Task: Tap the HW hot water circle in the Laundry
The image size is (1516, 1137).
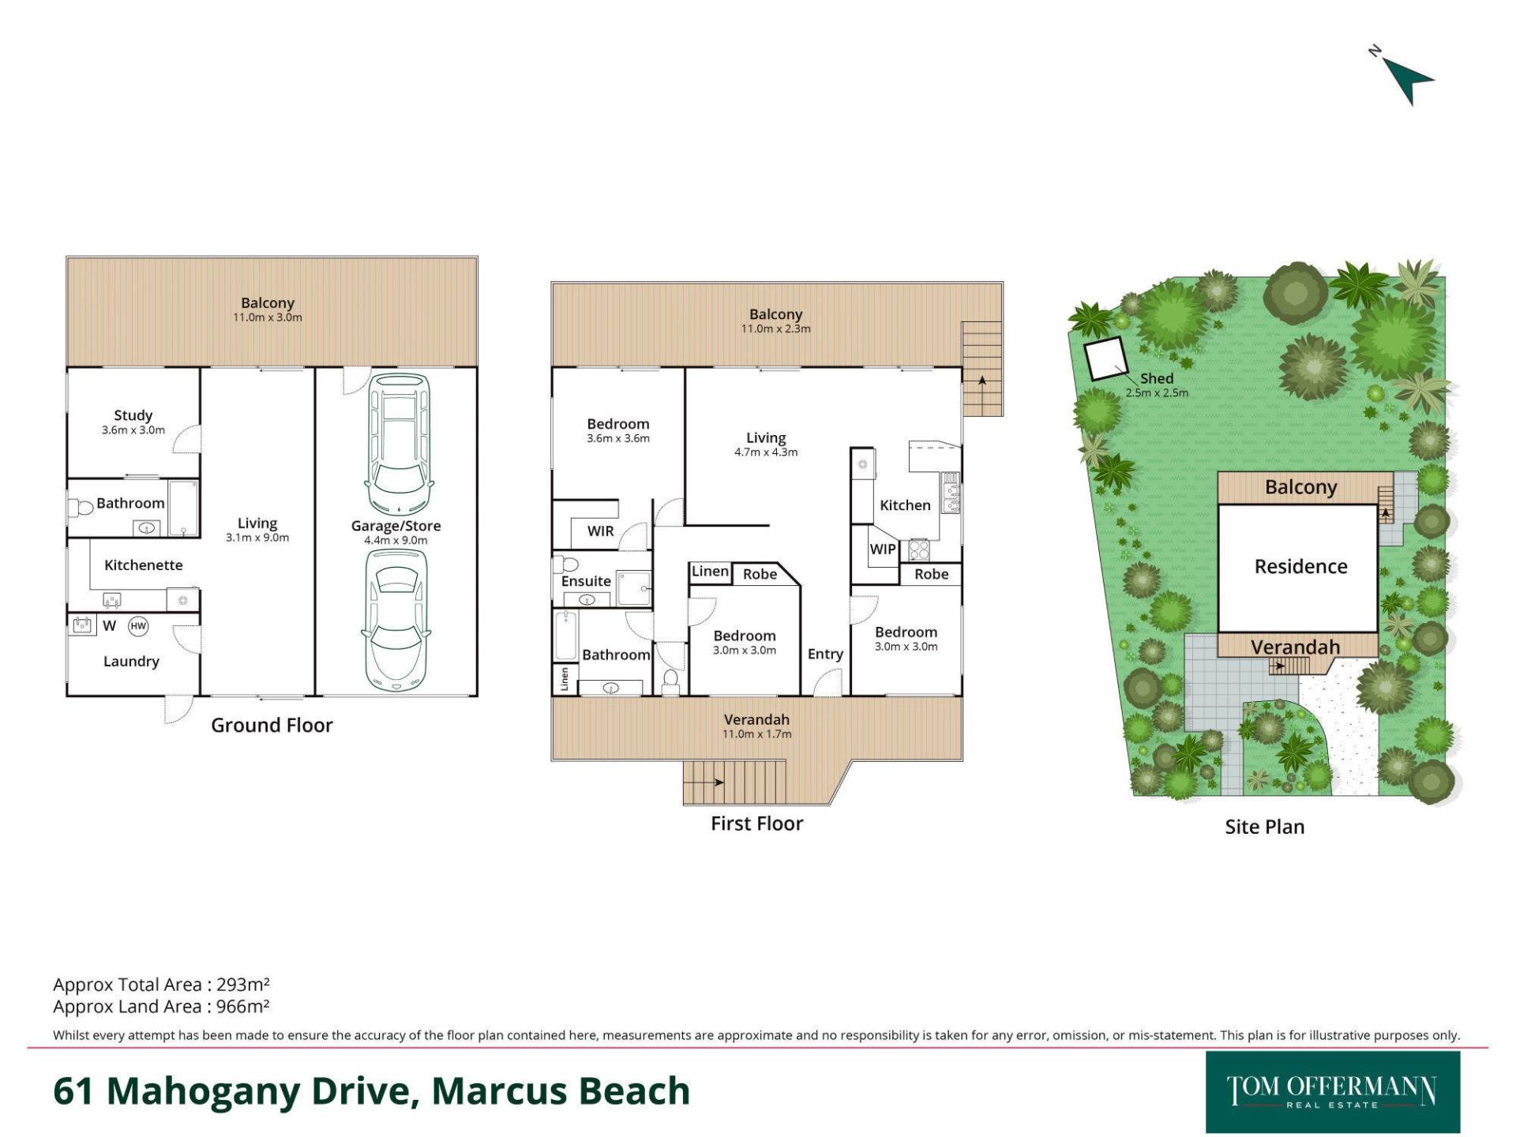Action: [x=138, y=626]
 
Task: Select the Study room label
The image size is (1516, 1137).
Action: [x=133, y=415]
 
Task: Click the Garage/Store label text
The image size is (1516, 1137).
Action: [x=396, y=526]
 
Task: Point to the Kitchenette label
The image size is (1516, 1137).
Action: [x=144, y=565]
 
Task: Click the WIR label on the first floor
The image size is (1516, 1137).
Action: [x=600, y=531]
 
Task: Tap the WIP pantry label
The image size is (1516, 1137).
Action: [x=883, y=550]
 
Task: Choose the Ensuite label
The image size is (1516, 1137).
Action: [x=586, y=581]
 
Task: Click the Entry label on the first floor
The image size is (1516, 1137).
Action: [x=825, y=655]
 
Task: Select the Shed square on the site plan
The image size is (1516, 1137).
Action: [x=1104, y=359]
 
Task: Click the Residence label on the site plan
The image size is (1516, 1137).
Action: [x=1300, y=567]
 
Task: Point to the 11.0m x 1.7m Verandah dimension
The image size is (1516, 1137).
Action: [x=756, y=734]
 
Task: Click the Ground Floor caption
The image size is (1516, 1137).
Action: [x=272, y=726]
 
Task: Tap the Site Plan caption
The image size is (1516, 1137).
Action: [x=1264, y=827]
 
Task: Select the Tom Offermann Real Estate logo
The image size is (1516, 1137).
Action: [x=1333, y=1092]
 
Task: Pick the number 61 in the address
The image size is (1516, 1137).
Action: [x=73, y=1091]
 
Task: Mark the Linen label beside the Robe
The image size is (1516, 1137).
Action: [x=710, y=572]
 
